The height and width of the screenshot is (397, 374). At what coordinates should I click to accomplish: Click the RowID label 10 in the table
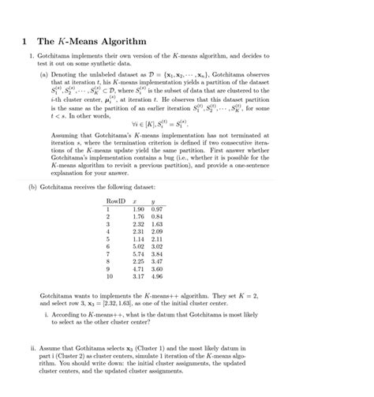[109, 276]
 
